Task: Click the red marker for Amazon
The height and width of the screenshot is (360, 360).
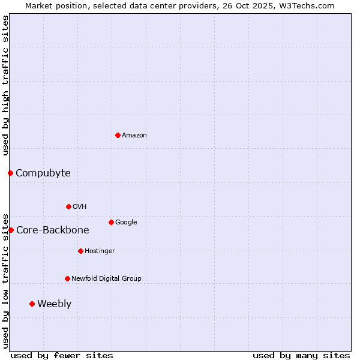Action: coord(118,135)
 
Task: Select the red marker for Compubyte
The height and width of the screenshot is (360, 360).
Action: coord(10,173)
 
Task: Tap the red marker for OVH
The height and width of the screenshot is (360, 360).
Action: coord(68,206)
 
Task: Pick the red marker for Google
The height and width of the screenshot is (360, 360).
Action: coord(111,222)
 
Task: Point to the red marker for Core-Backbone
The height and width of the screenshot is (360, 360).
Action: coord(11,230)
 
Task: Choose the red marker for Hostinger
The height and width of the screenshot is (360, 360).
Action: coord(80,251)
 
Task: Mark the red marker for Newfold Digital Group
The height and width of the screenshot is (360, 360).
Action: coord(67,278)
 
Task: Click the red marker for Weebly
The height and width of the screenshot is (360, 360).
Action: coord(32,304)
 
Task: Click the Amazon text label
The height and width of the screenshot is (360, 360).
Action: coord(134,136)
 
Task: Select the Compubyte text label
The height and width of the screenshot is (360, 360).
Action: coord(43,173)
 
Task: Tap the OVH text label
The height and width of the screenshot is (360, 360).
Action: coord(80,207)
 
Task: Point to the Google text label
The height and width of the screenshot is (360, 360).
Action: coord(126,223)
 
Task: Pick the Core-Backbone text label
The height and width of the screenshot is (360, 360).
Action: coord(52,230)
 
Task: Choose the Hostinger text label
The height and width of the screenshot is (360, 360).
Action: coord(100,251)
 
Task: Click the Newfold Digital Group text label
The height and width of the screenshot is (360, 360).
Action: coord(106,279)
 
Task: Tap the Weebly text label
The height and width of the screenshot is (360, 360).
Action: coord(54,304)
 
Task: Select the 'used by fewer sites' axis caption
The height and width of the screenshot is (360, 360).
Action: coord(62,355)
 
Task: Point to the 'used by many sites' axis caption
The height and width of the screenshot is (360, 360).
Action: coord(301,355)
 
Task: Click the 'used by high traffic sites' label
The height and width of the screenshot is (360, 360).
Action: coord(5,85)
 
